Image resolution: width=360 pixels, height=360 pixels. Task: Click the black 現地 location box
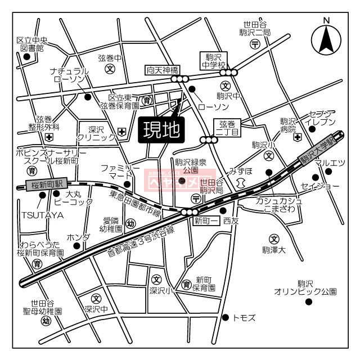161,130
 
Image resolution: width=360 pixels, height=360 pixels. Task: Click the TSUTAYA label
43,215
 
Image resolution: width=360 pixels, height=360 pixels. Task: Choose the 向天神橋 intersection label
162,70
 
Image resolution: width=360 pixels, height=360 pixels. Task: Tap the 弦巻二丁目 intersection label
229,128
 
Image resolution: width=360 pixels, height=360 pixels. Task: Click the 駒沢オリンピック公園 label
305,288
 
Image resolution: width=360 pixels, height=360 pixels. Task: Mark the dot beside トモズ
226,317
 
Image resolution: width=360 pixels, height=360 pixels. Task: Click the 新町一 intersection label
206,221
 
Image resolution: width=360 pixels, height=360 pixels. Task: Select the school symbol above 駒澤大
274,238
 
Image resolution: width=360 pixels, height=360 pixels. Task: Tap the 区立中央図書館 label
31,44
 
